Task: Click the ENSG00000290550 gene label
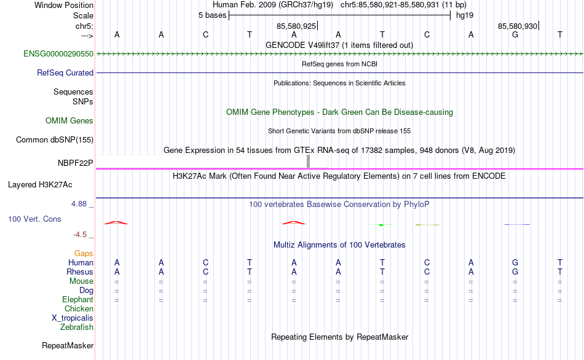[58, 53]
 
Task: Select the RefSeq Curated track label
[65, 72]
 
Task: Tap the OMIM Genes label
[69, 120]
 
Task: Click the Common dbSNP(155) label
[55, 139]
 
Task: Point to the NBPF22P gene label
[75, 163]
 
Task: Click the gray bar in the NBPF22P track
[308, 161]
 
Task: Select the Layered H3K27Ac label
[40, 185]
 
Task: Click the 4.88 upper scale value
[79, 204]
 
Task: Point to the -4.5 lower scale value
[80, 235]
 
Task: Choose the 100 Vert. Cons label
[34, 219]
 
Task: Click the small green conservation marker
[381, 225]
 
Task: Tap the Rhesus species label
[80, 272]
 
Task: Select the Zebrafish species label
[77, 327]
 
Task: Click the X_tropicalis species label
[73, 318]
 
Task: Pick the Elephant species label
[78, 299]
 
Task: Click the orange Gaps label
[84, 254]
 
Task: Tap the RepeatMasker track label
[68, 345]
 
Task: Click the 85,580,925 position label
[296, 26]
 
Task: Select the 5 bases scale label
[212, 15]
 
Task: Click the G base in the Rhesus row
[515, 272]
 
